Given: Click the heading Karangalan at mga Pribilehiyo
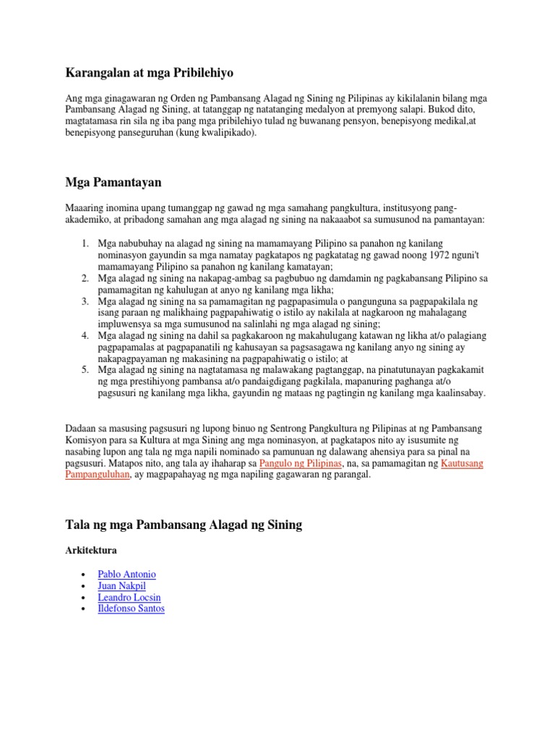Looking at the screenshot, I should pyautogui.click(x=150, y=73).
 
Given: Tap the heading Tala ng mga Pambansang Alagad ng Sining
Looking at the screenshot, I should pyautogui.click(x=184, y=525).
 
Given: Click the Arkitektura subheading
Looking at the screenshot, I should pyautogui.click(x=92, y=551).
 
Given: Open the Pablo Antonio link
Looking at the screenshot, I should pyautogui.click(x=126, y=575).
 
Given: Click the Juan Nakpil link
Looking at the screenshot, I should pyautogui.click(x=121, y=586).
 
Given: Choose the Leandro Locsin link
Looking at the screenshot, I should pyautogui.click(x=129, y=598).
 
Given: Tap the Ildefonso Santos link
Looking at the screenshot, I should pyautogui.click(x=131, y=609).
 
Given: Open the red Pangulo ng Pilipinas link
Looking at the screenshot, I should pyautogui.click(x=300, y=463).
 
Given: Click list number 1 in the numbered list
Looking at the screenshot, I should pyautogui.click(x=85, y=244).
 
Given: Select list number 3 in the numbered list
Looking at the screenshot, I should pyautogui.click(x=85, y=301).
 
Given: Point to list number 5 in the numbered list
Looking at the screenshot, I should pyautogui.click(x=85, y=370).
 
